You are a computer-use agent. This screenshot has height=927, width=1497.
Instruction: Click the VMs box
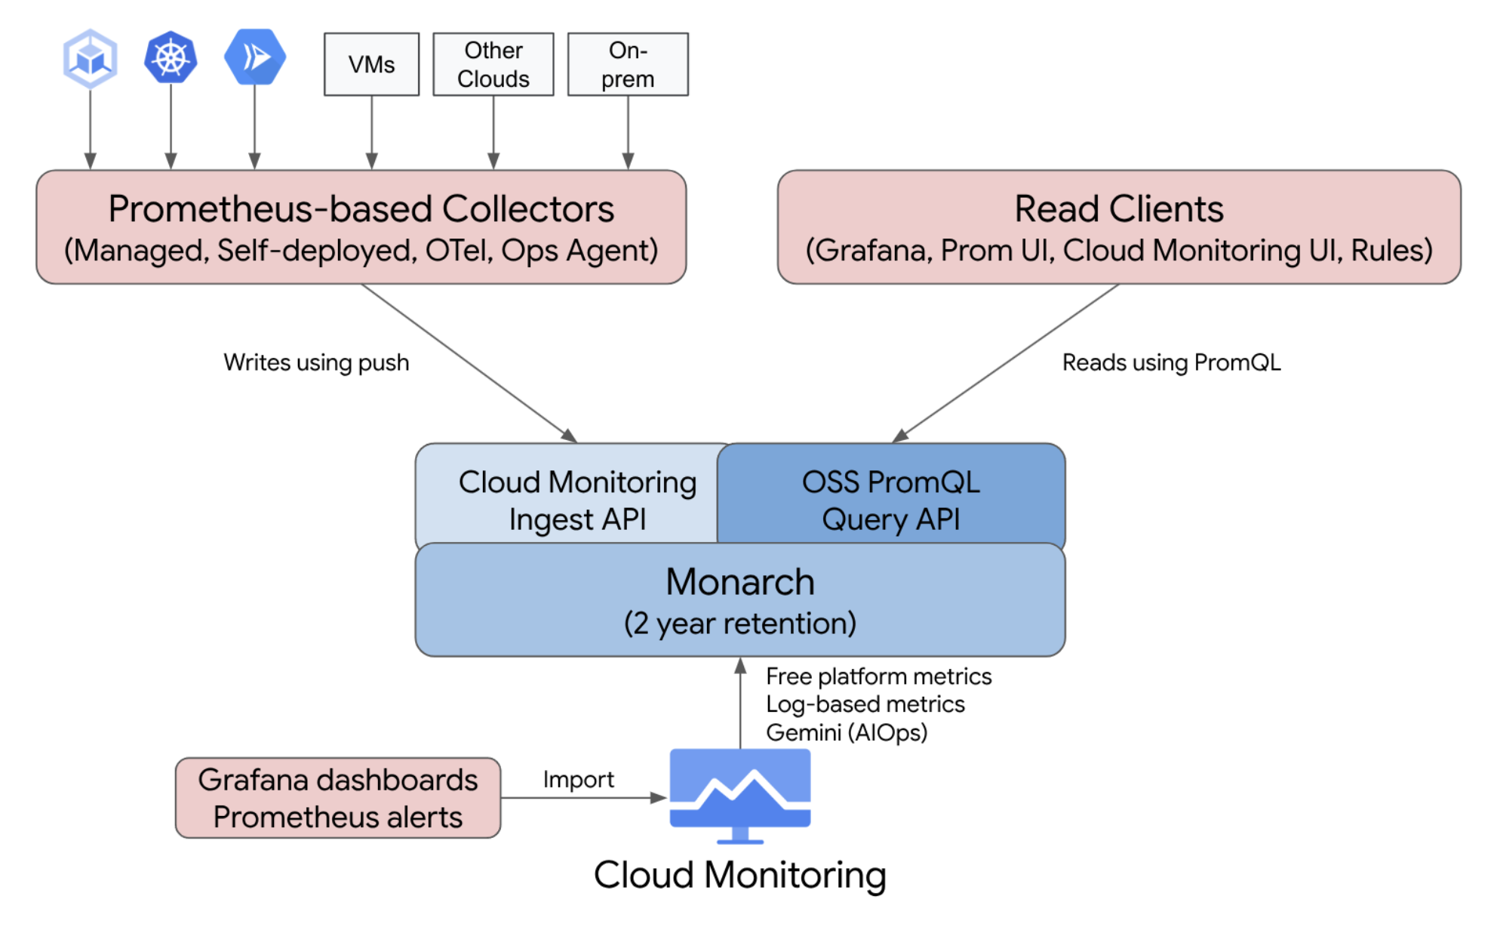point(371,64)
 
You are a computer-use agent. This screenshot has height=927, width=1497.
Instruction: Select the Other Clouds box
point(493,64)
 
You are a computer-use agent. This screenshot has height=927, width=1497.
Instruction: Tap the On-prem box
point(628,64)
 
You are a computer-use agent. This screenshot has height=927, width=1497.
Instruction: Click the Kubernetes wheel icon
point(171,57)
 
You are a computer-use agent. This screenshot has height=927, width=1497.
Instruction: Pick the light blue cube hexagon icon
point(91,58)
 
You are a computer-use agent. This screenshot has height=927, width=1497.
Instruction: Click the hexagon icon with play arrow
point(255,57)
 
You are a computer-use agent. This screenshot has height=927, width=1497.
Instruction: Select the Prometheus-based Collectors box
point(361,227)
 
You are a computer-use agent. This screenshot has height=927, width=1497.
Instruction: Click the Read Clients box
point(1118,227)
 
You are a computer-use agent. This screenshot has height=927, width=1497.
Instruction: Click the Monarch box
point(739,600)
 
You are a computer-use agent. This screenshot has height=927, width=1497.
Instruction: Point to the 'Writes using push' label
point(316,362)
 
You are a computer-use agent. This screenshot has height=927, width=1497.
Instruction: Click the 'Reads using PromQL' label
point(1171,362)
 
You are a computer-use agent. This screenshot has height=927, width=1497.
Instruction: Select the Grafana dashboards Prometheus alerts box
point(337,798)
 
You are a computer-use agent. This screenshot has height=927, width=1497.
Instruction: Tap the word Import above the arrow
point(578,779)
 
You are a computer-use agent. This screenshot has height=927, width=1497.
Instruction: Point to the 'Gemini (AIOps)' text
point(846,732)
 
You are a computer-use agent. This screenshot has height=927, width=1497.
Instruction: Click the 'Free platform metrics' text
point(878,676)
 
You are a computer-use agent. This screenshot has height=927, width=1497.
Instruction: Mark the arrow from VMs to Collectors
point(371,132)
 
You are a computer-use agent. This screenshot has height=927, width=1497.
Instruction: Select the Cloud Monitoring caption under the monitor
point(739,875)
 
